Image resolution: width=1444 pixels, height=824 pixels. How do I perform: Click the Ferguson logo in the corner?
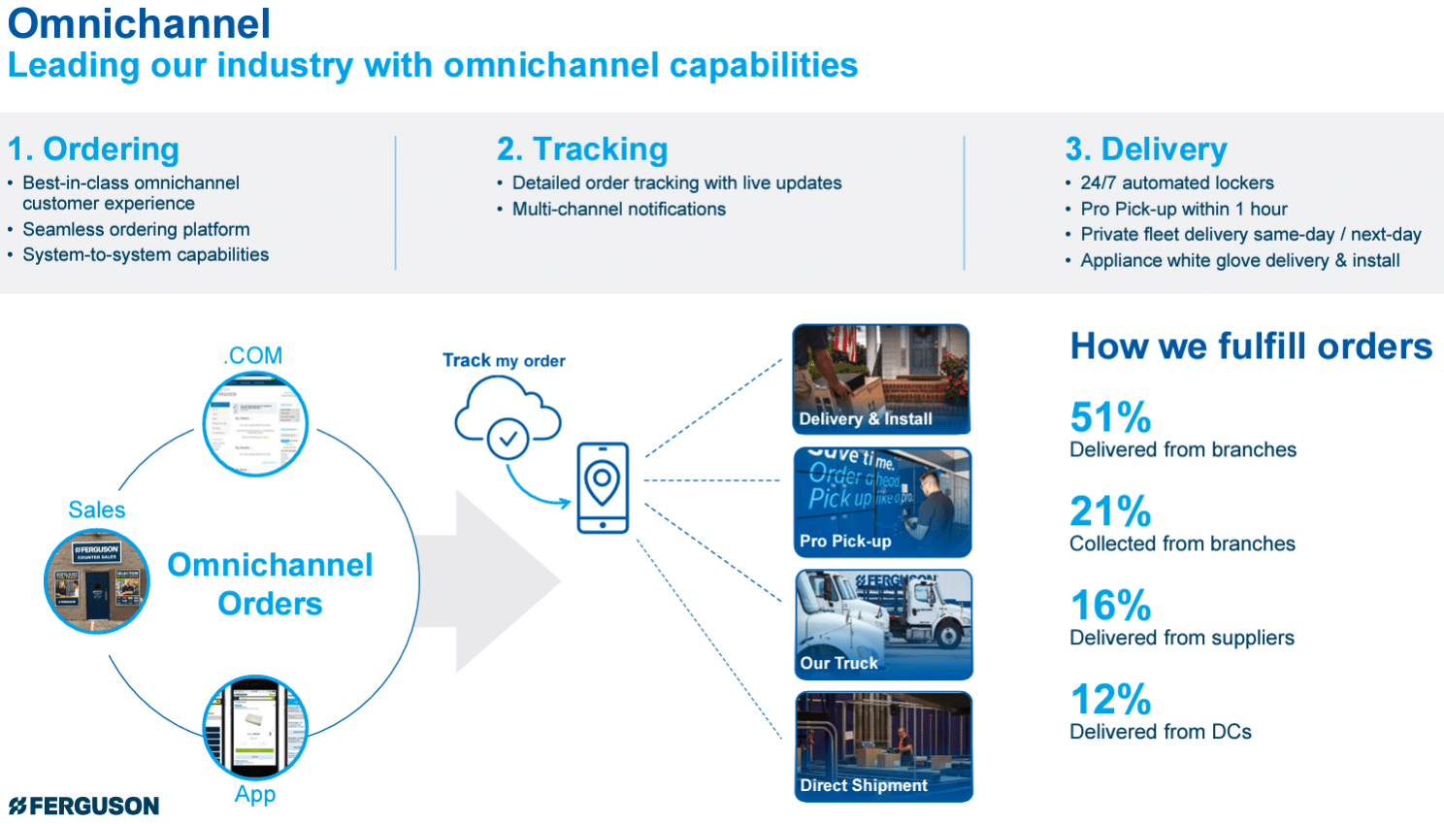84,806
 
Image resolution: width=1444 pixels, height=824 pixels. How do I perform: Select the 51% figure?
1110,417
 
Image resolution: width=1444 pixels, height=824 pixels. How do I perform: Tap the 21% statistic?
1110,511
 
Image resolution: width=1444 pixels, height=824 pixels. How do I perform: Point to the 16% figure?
1110,606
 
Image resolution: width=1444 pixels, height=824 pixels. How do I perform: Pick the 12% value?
1110,700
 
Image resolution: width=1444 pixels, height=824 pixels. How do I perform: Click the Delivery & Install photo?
881,379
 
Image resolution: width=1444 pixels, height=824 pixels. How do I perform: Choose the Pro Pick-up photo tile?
882,502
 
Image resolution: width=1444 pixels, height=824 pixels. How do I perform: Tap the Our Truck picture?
883,624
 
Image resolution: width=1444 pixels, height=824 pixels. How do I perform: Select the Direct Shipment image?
883,746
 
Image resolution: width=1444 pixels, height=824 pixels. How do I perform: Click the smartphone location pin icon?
603,487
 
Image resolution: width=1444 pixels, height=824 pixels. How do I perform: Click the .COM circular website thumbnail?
255,424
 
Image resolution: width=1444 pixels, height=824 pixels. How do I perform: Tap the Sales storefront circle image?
97,581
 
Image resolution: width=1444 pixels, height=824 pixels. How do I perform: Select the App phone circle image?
255,728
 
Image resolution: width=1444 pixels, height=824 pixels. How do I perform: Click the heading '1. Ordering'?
93,148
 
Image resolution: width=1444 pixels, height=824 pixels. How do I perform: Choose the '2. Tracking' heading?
582,148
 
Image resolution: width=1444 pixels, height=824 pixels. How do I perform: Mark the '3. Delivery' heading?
1146,148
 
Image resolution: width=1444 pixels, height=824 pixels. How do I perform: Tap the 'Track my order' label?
504,360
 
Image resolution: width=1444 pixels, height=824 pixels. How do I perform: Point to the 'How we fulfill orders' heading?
1251,346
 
